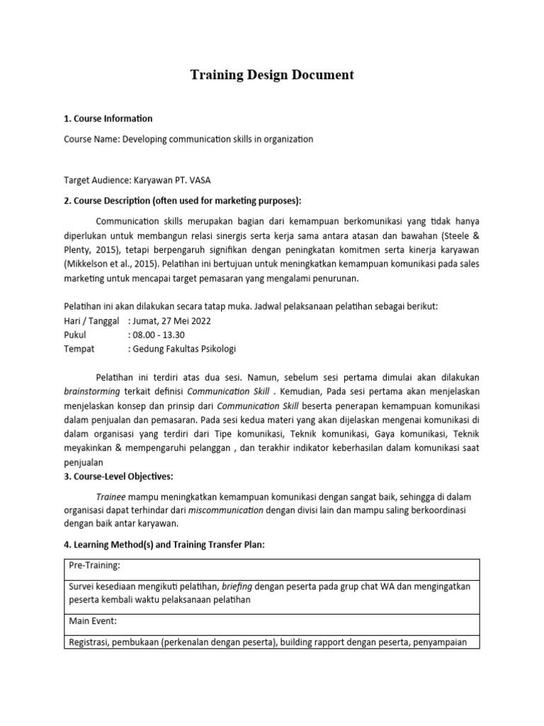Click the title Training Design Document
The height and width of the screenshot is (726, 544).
point(272,74)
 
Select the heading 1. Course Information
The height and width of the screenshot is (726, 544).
point(108,118)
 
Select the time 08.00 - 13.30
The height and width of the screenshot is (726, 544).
point(157,334)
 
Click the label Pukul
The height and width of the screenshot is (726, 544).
point(75,334)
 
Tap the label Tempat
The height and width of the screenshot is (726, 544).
point(79,348)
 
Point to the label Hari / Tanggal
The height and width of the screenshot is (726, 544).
point(91,320)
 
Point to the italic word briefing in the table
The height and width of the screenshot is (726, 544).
point(238,587)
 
